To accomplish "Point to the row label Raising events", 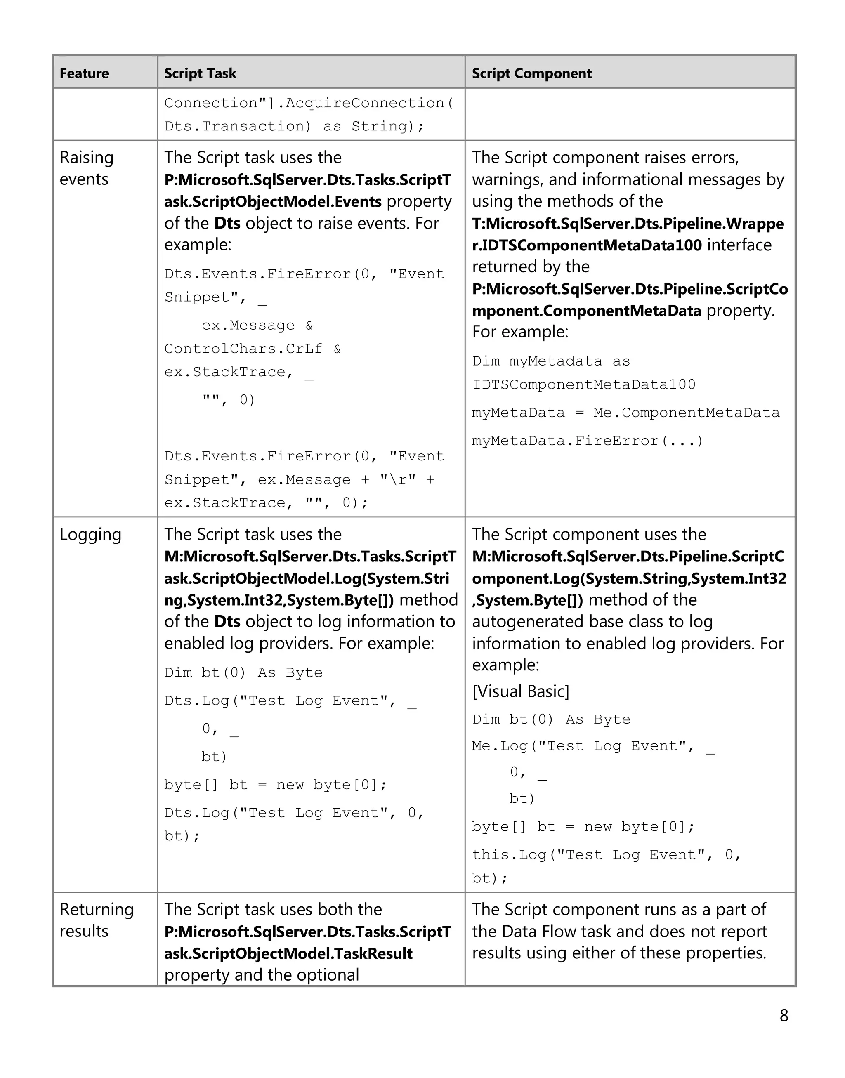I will coord(87,168).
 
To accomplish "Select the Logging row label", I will coord(90,534).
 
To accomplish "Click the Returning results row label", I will coord(97,920).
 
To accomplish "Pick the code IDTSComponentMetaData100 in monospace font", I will coord(584,384).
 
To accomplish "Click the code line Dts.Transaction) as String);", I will coord(294,126).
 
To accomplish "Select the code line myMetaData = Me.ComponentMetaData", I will coord(625,413).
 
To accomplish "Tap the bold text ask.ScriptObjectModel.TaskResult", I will coord(288,953).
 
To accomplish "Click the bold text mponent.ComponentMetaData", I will coord(586,311).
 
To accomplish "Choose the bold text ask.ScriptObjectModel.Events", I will coord(273,201).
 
